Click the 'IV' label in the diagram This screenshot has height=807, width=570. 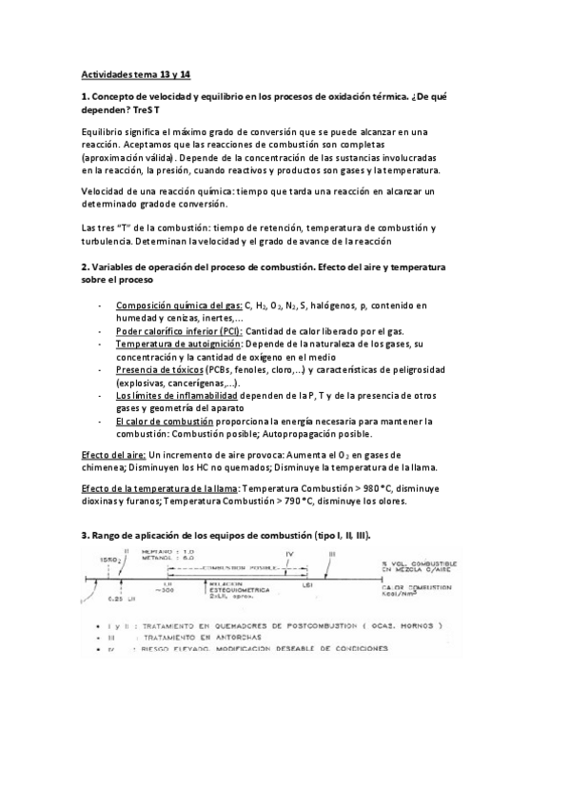(291, 551)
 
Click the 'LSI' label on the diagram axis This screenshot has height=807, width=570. (307, 585)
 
